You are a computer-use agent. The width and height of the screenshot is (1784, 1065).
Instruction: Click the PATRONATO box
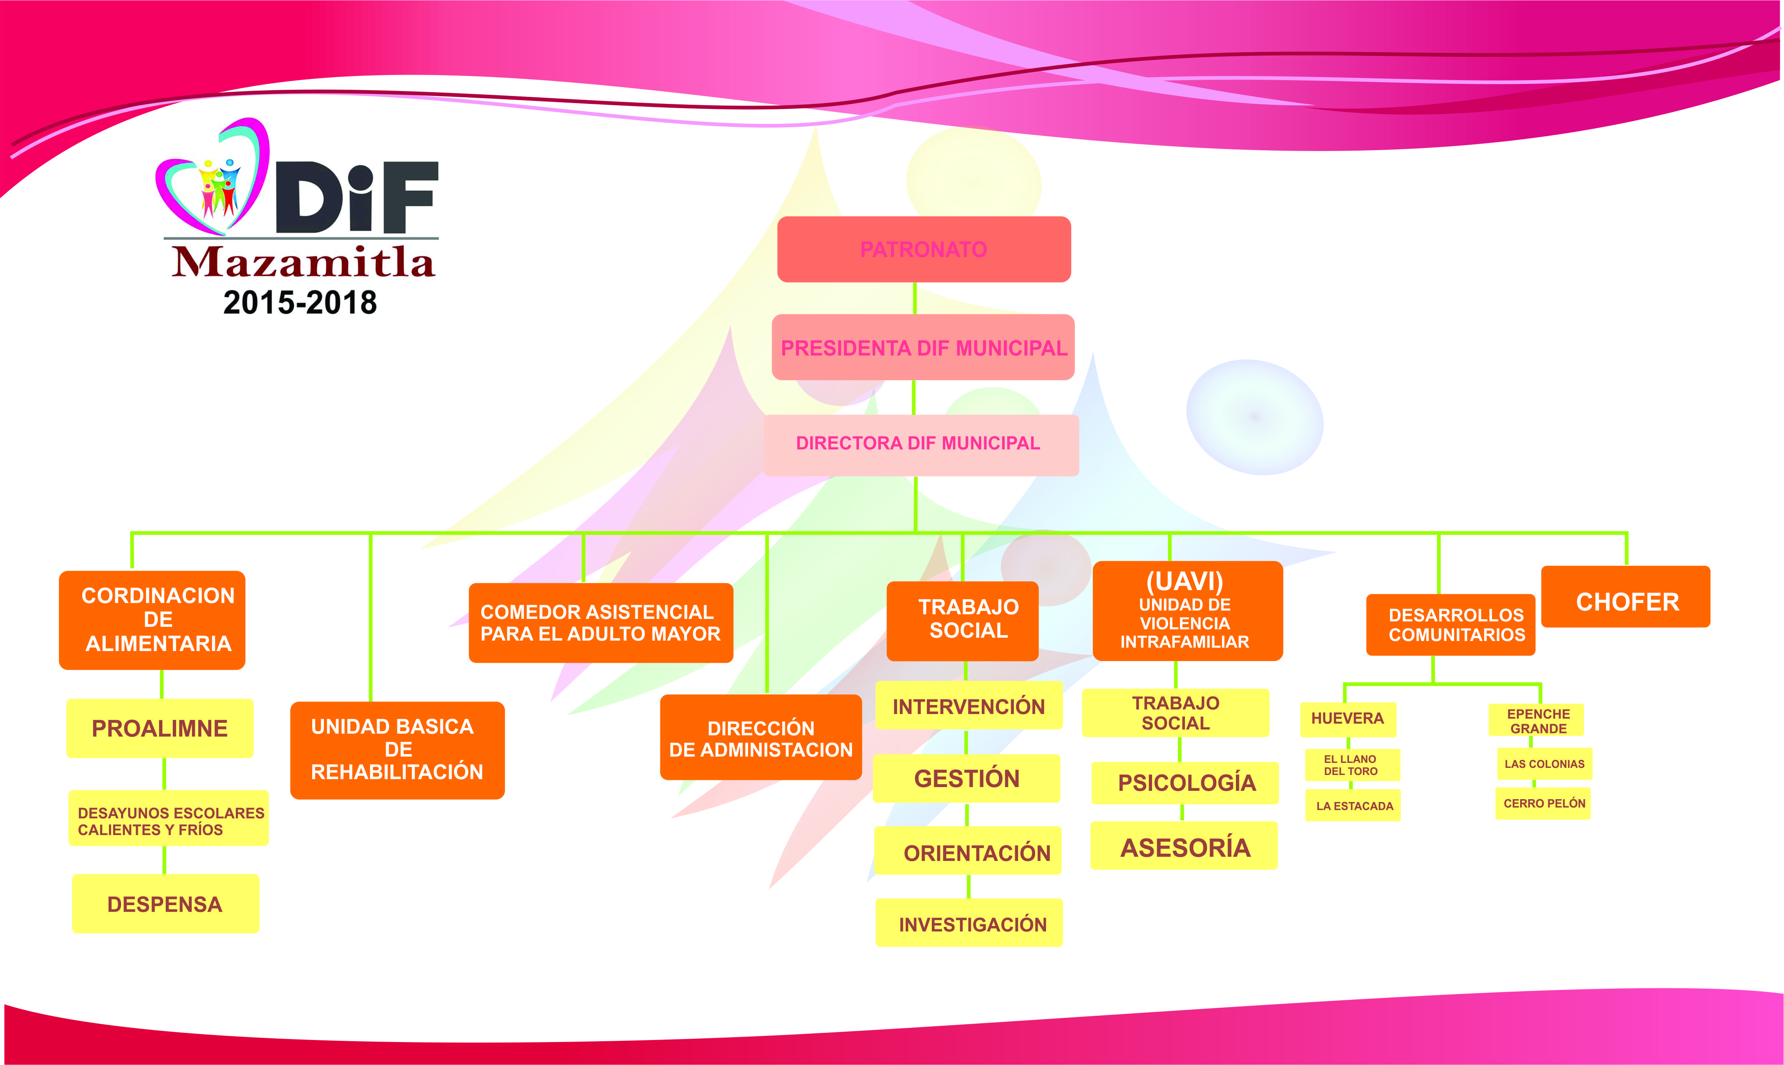click(924, 249)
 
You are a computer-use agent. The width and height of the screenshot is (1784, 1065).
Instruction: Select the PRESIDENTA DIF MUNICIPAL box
click(923, 347)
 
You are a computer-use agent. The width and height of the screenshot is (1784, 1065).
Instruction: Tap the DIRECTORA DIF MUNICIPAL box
click(921, 444)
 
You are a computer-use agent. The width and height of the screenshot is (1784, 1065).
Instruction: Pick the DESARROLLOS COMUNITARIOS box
click(1450, 624)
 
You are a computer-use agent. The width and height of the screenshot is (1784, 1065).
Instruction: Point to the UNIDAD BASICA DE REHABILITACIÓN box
click(397, 750)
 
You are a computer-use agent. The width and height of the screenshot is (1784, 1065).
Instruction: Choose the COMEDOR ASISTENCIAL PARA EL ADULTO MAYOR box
click(601, 623)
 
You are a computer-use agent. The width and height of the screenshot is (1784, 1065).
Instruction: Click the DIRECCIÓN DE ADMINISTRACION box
click(761, 738)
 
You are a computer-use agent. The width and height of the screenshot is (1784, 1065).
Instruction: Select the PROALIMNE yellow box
click(160, 728)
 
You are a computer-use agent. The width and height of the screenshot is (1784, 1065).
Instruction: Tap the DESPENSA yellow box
click(165, 903)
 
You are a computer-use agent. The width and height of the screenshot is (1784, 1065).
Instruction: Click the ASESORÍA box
click(1184, 847)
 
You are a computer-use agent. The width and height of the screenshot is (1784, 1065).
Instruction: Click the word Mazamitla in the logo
click(303, 262)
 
